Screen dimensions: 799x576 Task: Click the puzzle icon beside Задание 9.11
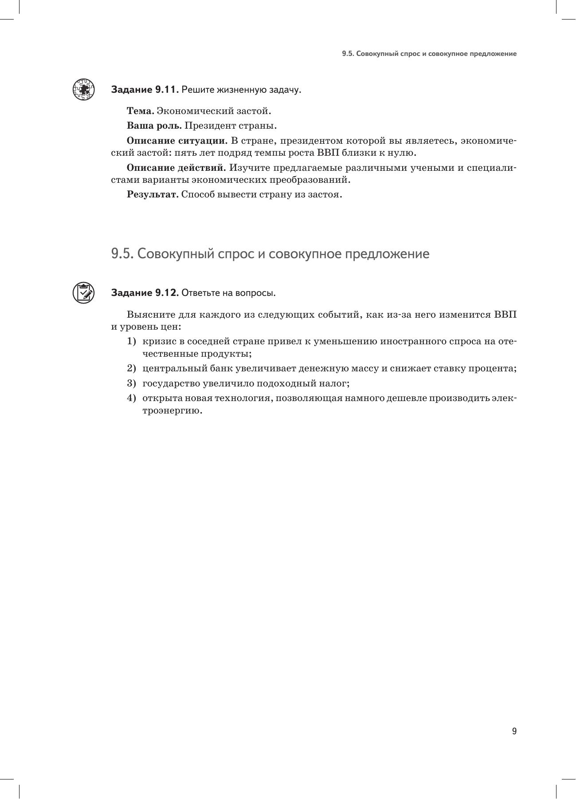83,89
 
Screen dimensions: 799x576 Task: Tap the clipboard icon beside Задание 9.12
83,292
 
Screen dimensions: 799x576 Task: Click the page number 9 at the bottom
514,731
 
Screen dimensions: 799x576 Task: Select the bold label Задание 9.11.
145,90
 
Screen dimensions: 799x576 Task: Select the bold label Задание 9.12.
145,293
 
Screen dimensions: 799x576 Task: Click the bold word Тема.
140,110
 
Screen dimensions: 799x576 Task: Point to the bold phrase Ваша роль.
154,126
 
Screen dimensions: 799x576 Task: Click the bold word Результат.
153,194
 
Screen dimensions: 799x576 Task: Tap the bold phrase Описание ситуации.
177,141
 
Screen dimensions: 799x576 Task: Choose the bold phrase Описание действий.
176,168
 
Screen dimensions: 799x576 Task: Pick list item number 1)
131,341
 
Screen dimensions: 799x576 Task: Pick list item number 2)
131,368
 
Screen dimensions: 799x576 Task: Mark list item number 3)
131,383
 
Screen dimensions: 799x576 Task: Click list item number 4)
131,398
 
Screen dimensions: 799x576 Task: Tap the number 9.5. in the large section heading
122,254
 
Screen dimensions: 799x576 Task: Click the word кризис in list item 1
157,341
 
